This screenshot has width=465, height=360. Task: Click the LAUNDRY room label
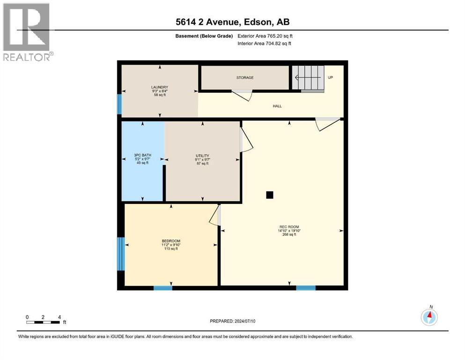tap(160, 87)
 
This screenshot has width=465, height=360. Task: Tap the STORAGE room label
tap(244, 77)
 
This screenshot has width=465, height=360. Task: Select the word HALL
tap(277, 106)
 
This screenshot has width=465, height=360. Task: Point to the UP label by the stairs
tap(330, 77)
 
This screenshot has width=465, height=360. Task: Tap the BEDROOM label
tap(171, 241)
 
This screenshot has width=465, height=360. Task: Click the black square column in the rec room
tap(269, 195)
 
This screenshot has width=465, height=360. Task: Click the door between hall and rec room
tap(327, 124)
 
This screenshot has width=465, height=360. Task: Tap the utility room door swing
tap(245, 141)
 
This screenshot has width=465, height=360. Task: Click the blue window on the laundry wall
tap(119, 104)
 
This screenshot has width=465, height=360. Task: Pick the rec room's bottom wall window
tap(305, 287)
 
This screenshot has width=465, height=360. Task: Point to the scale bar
tap(43, 322)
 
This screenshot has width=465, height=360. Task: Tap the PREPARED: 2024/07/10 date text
tap(232, 321)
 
